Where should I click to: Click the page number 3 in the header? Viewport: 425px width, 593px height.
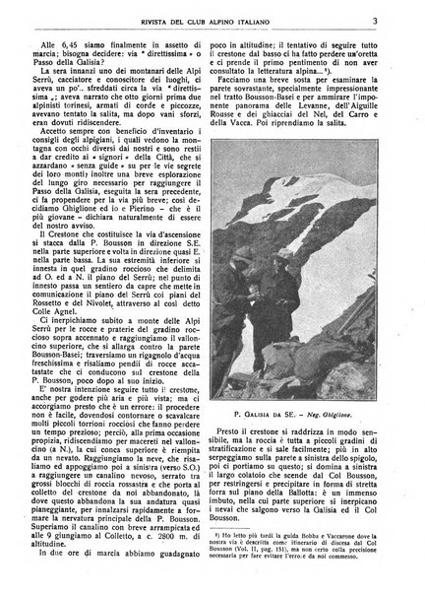point(392,15)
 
